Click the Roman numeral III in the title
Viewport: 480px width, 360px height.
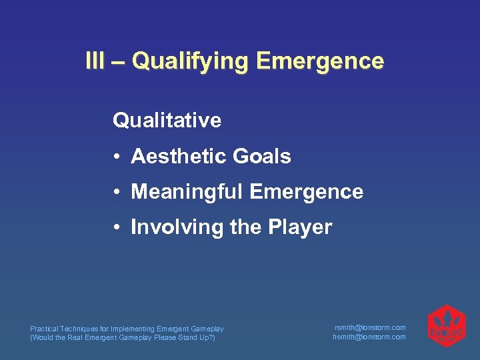[95, 61]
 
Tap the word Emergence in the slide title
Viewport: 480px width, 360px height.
[320, 62]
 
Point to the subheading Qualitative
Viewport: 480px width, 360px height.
[167, 121]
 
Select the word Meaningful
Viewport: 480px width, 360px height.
[187, 192]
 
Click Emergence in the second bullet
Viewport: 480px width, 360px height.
[307, 192]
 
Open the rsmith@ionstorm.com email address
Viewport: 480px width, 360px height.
[369, 327]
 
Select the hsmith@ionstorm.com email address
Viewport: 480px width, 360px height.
[369, 337]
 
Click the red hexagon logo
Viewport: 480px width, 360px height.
[446, 327]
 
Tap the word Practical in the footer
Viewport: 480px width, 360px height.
[43, 329]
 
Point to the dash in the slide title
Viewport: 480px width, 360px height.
[118, 62]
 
